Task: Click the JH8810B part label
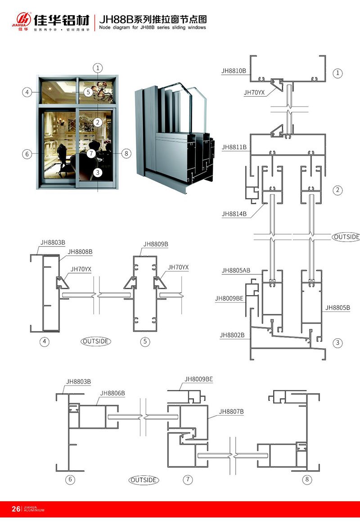(234, 71)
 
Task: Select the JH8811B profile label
(234, 147)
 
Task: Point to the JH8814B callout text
(234, 214)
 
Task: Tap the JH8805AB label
(236, 270)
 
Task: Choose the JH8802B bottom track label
(232, 335)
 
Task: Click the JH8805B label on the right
(337, 308)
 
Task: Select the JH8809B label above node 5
(156, 244)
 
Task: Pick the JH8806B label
(112, 393)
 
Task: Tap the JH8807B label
(231, 411)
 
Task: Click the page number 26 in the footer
(16, 509)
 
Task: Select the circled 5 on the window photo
(89, 92)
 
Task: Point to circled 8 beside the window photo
(126, 153)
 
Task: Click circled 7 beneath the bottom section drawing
(188, 480)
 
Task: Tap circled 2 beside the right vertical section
(337, 190)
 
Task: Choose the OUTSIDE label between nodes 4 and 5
(96, 341)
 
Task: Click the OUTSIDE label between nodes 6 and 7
(144, 480)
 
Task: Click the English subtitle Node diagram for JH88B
(152, 27)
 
